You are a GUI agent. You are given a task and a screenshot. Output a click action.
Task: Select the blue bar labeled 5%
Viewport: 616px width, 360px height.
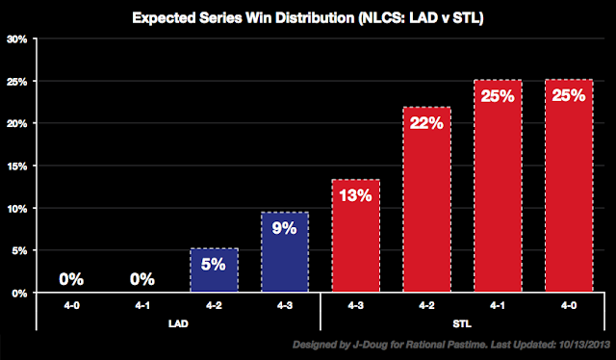(x=214, y=270)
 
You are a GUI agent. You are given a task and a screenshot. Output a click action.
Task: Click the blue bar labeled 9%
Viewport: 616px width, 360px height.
(x=285, y=252)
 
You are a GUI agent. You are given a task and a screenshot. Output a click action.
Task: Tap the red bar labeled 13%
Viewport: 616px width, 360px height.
(x=355, y=236)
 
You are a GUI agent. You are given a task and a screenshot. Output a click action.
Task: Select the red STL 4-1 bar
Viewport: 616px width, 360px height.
(x=498, y=187)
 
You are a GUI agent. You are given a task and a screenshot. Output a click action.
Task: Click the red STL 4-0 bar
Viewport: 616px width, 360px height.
(x=568, y=187)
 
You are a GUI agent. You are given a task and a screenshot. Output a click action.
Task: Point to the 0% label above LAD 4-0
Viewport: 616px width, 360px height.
(x=71, y=280)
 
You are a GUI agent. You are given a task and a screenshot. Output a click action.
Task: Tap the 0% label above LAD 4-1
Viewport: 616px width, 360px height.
(x=142, y=280)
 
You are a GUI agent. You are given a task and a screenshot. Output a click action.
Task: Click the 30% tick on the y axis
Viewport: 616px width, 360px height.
(x=16, y=39)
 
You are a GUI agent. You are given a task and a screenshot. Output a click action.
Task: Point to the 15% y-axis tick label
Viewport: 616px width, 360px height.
(x=16, y=167)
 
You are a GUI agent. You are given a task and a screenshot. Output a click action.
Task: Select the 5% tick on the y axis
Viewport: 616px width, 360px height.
(x=18, y=251)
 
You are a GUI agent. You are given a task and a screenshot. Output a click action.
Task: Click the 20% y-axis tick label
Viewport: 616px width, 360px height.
(x=16, y=124)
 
